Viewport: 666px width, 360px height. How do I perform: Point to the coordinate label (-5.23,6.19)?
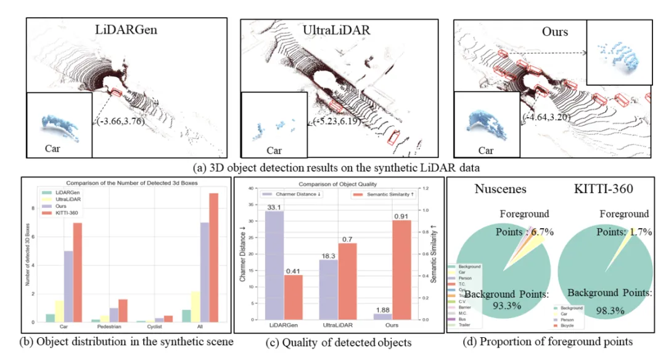click(338, 121)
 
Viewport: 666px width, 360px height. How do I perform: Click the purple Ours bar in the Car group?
click(69, 286)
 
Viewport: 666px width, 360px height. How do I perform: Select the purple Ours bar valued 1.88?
click(382, 316)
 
